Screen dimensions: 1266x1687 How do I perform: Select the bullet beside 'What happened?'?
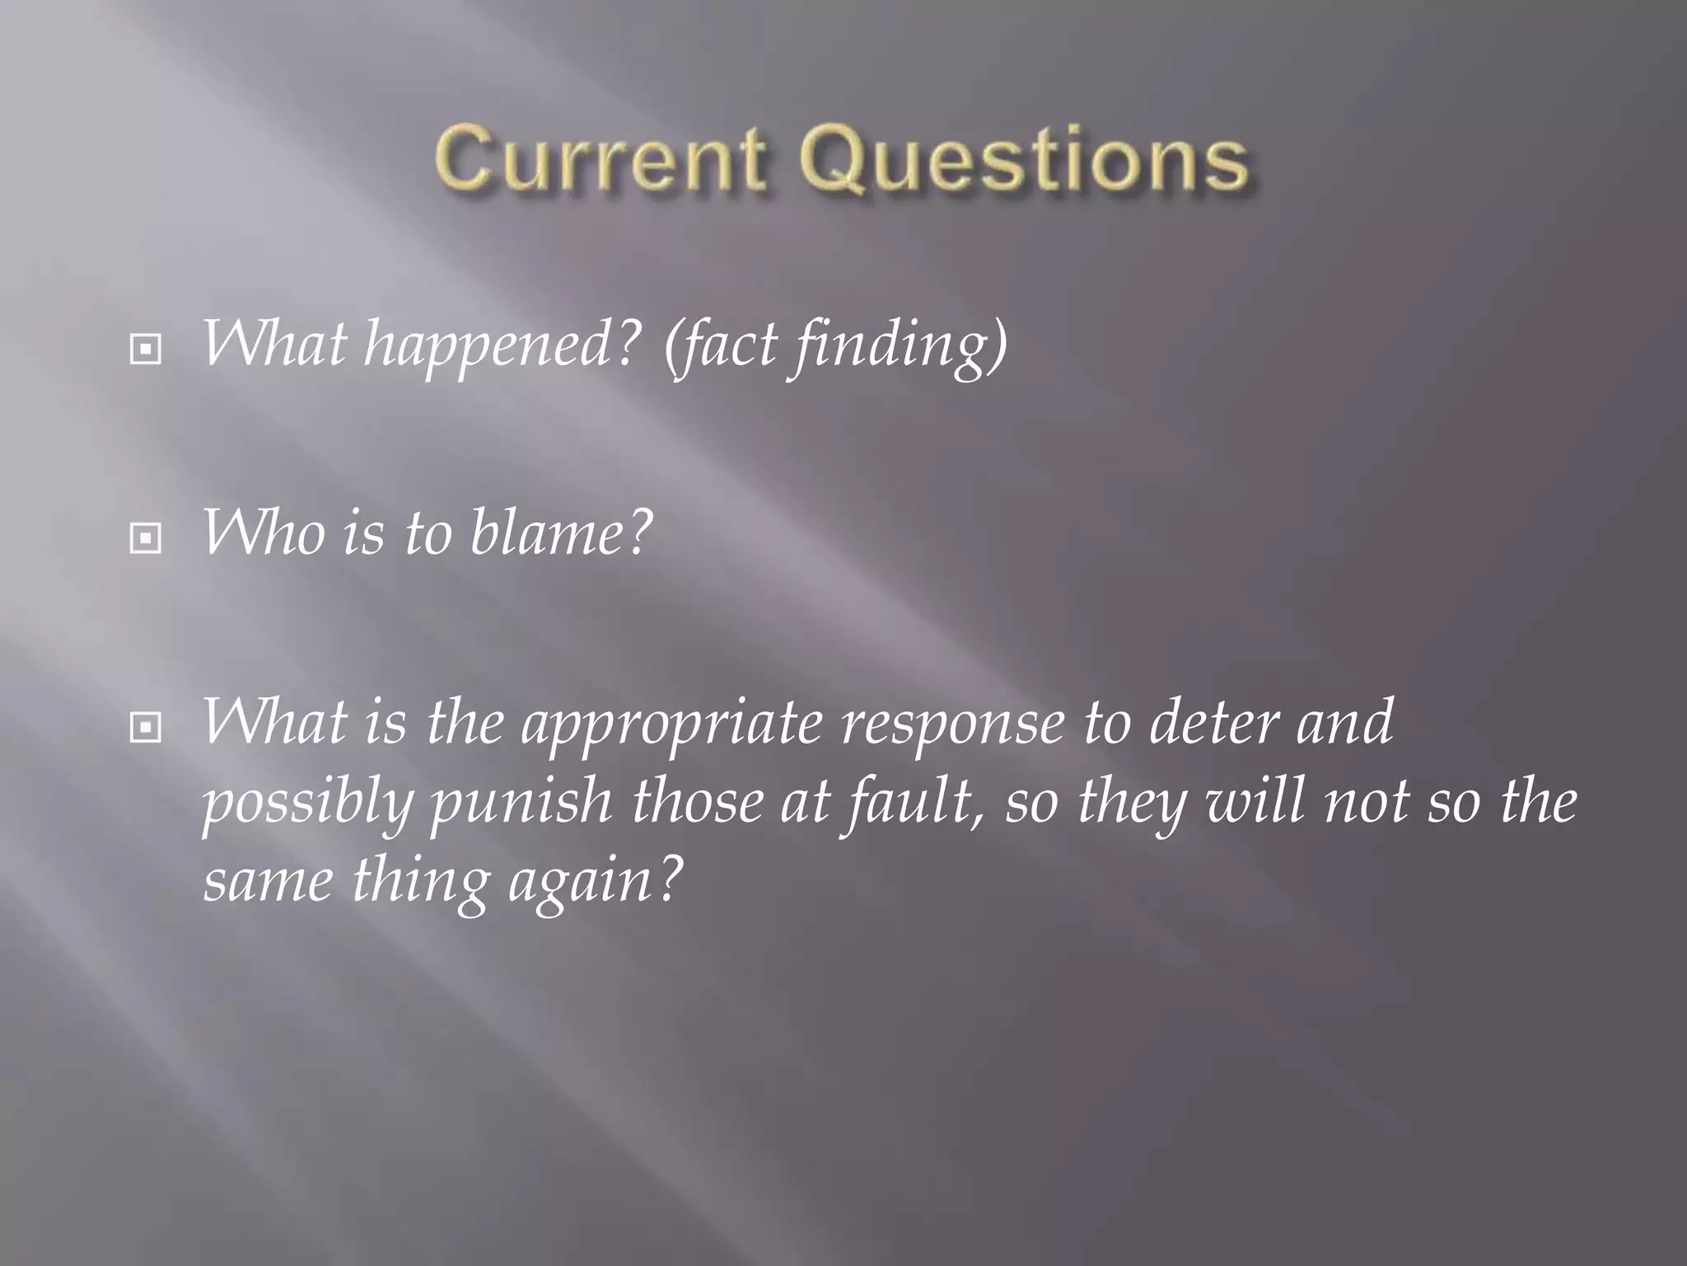tap(146, 351)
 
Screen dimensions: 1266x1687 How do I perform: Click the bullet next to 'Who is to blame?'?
tap(146, 539)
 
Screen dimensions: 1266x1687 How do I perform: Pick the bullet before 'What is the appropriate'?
tap(146, 728)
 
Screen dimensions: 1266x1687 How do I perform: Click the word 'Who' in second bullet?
tap(263, 534)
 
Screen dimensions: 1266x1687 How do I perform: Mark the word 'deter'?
tap(1211, 722)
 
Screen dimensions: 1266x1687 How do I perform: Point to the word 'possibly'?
tap(306, 804)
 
